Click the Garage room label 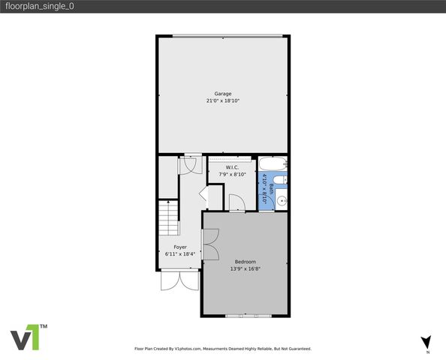coord(222,94)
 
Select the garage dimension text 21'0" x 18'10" coord(222,100)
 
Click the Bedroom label coord(245,261)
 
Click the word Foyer coord(180,247)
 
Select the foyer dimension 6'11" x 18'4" coord(180,253)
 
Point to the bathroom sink coord(282,199)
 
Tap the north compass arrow coord(426,341)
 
